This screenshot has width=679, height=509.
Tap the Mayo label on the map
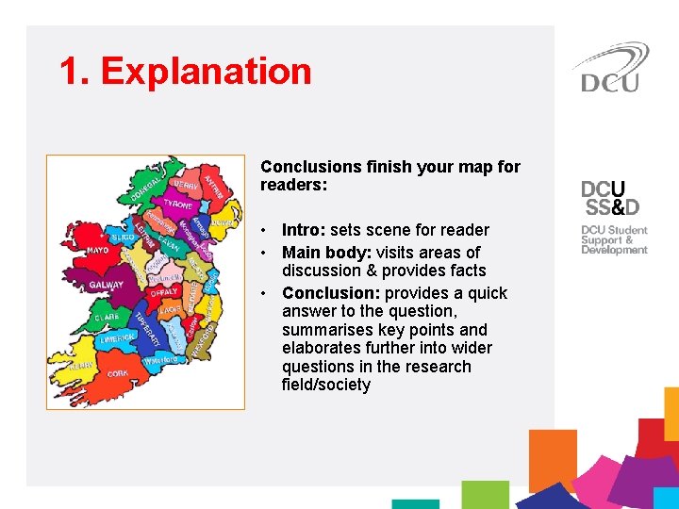click(x=98, y=251)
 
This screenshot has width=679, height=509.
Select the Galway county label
click(x=107, y=285)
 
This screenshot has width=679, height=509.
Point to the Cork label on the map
click(x=118, y=373)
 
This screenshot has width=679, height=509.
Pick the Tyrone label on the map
click(x=177, y=204)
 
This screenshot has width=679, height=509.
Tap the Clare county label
click(x=107, y=318)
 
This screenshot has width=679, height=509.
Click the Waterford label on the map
click(x=160, y=360)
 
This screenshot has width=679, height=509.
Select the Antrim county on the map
click(x=216, y=186)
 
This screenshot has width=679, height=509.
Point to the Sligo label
click(x=122, y=238)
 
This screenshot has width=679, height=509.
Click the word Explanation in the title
click(x=206, y=72)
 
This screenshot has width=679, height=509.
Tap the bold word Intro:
click(x=304, y=230)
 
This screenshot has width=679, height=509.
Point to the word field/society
click(x=325, y=385)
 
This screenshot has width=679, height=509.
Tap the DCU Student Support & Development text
click(x=614, y=240)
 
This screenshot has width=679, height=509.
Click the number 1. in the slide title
click(x=74, y=72)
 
